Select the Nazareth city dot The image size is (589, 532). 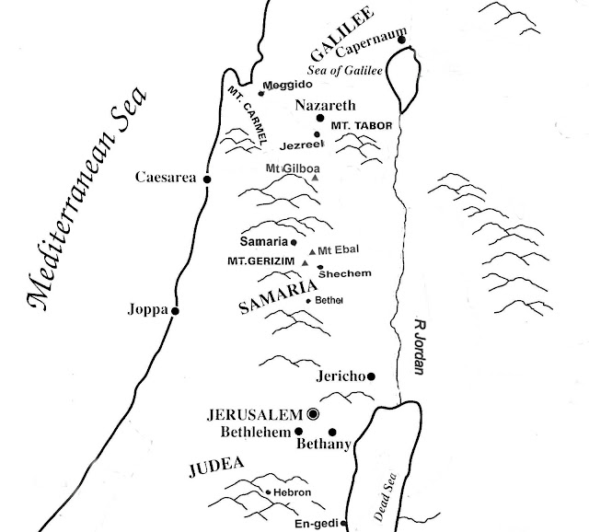click(320, 119)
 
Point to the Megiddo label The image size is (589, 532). click(283, 85)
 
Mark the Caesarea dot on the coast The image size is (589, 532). click(207, 179)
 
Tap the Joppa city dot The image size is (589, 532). click(175, 311)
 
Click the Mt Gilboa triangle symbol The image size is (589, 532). click(314, 177)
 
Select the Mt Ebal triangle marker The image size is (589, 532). click(312, 251)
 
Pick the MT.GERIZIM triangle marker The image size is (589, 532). click(305, 262)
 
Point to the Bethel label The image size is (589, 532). click(329, 300)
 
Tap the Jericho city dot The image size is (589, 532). click(374, 376)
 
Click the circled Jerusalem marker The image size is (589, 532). click(313, 414)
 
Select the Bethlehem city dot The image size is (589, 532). click(299, 431)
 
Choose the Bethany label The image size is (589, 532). click(326, 446)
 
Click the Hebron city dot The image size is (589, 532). click(268, 493)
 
